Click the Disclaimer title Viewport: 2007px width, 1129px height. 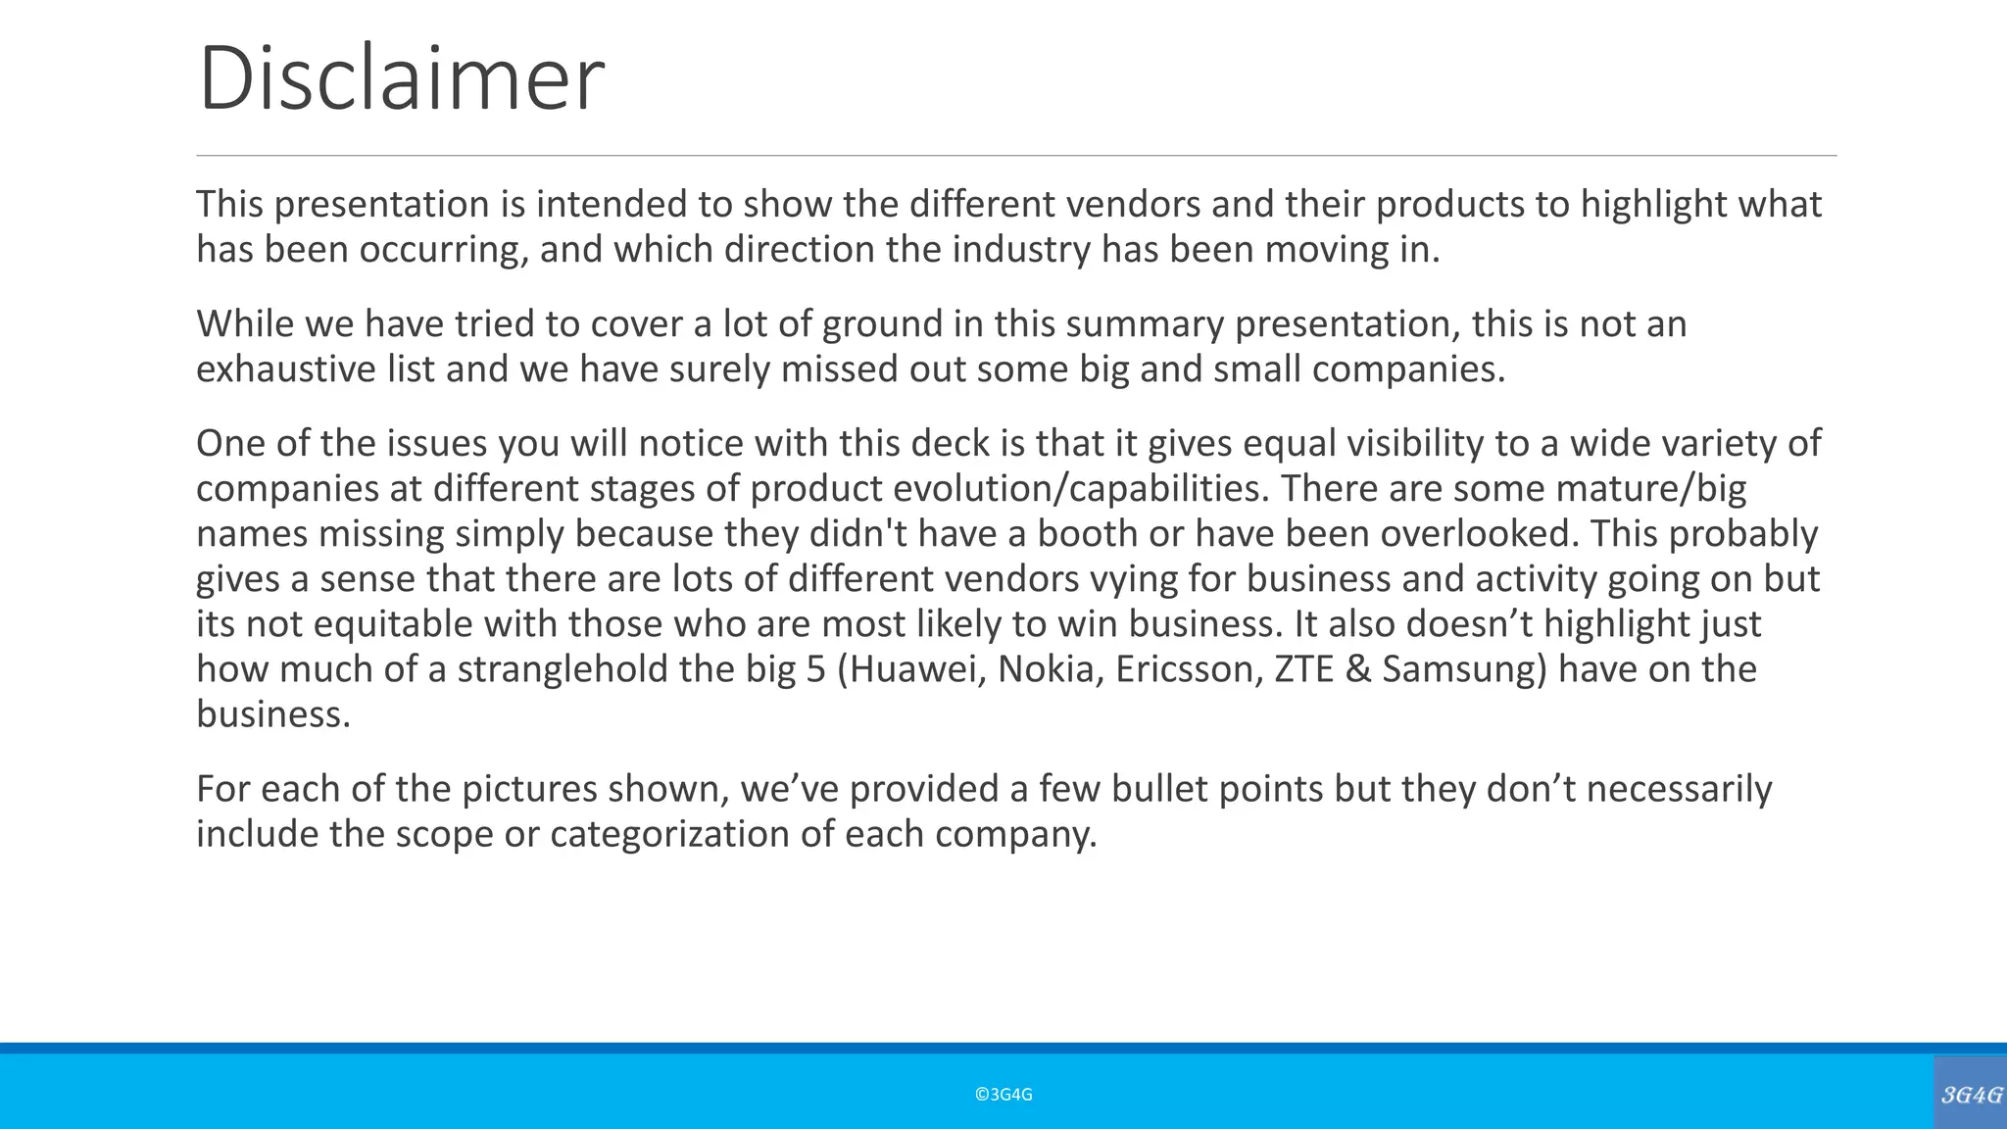401,78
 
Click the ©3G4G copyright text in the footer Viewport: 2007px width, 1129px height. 1003,1095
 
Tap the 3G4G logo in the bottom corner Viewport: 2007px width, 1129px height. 1971,1094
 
